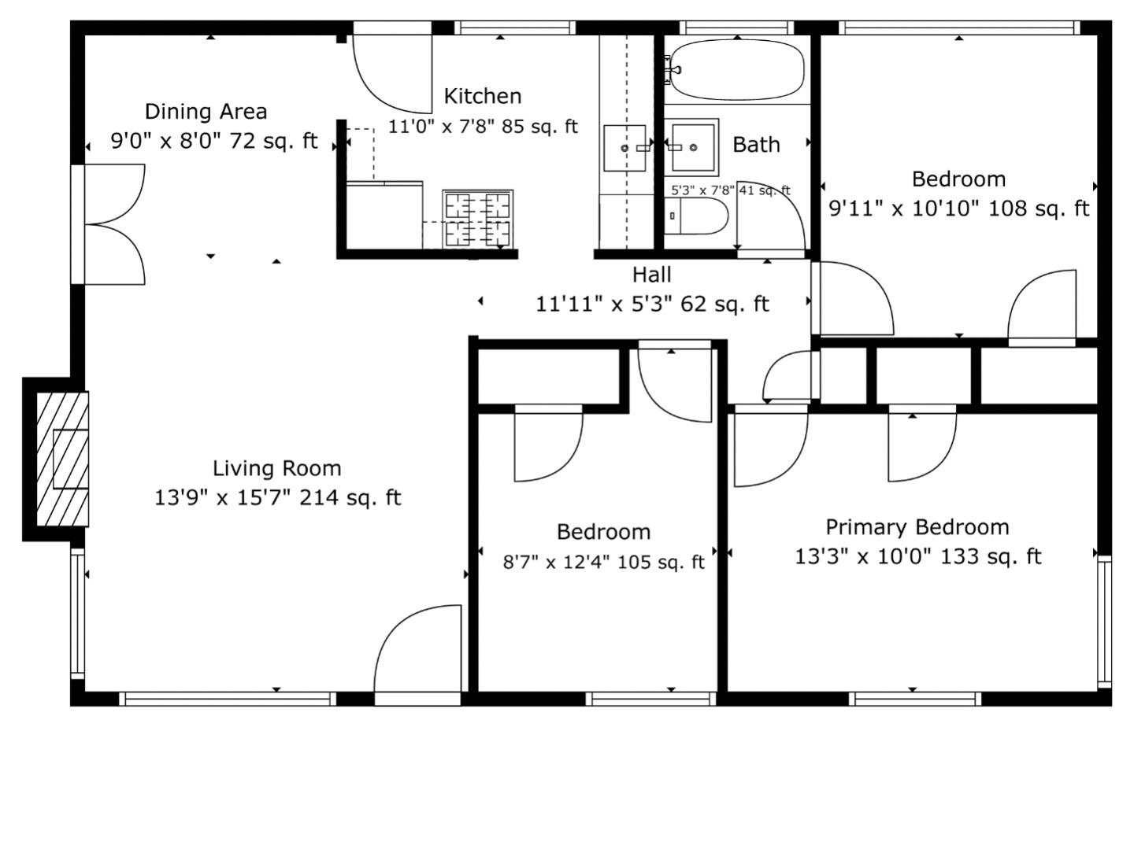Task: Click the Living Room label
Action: pyautogui.click(x=276, y=469)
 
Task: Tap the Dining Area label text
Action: pyautogui.click(x=206, y=112)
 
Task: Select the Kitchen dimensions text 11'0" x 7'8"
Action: pyautogui.click(x=482, y=127)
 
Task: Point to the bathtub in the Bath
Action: pyautogui.click(x=737, y=70)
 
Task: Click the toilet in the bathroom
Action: pyautogui.click(x=697, y=216)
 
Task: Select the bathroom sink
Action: pyautogui.click(x=693, y=147)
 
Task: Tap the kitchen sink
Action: pyautogui.click(x=624, y=148)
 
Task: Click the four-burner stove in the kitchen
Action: pyautogui.click(x=477, y=219)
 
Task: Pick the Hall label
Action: pyautogui.click(x=651, y=275)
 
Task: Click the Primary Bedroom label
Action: pyautogui.click(x=917, y=527)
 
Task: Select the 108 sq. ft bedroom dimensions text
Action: pyautogui.click(x=958, y=209)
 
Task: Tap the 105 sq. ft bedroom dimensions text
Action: pyautogui.click(x=603, y=563)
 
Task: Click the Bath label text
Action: pyautogui.click(x=756, y=145)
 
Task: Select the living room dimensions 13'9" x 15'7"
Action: pyautogui.click(x=277, y=498)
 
